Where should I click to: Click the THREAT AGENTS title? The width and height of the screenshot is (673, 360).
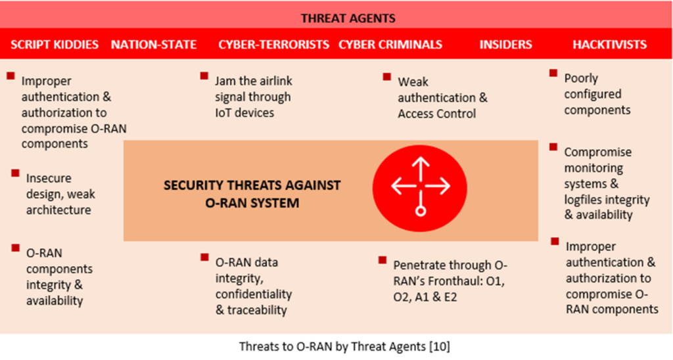348,18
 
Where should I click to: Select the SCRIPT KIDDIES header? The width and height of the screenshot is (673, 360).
55,45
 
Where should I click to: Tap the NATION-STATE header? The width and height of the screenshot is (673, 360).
154,45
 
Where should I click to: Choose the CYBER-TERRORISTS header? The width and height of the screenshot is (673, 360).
274,45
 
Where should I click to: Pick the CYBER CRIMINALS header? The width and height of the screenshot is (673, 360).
390,45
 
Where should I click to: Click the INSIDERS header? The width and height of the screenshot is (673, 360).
505,45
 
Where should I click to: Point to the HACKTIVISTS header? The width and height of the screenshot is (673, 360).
609,45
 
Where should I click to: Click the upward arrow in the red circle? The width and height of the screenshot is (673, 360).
421,169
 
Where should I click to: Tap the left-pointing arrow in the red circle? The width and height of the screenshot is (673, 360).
404,186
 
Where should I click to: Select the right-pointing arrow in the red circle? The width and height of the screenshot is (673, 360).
437,186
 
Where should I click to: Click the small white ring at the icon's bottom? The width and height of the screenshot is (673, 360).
421,211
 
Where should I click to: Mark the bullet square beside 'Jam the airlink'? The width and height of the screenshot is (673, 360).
204,76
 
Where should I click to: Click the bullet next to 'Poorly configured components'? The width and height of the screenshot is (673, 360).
553,74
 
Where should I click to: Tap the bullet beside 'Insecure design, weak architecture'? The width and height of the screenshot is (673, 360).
16,173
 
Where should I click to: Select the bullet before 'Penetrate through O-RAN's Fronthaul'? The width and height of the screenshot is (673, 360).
383,260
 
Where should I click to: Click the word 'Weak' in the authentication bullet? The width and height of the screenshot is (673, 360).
413,82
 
